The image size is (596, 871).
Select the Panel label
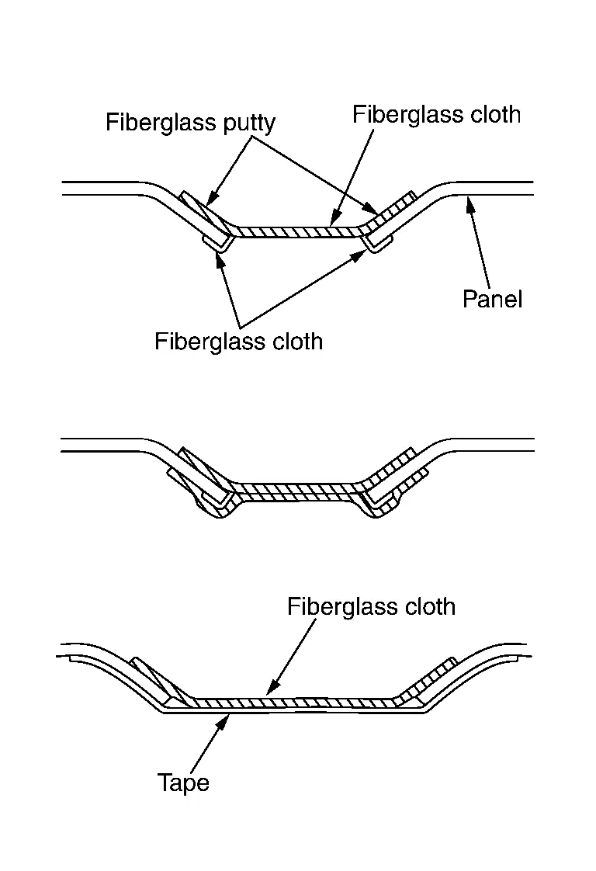[x=493, y=299]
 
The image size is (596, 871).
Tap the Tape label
[x=183, y=782]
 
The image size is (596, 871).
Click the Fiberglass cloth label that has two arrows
[x=238, y=341]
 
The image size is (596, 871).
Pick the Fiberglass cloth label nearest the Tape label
[x=371, y=606]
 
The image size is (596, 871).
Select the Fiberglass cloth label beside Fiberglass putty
[x=436, y=114]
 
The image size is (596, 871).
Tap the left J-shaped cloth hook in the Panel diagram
[x=219, y=245]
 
